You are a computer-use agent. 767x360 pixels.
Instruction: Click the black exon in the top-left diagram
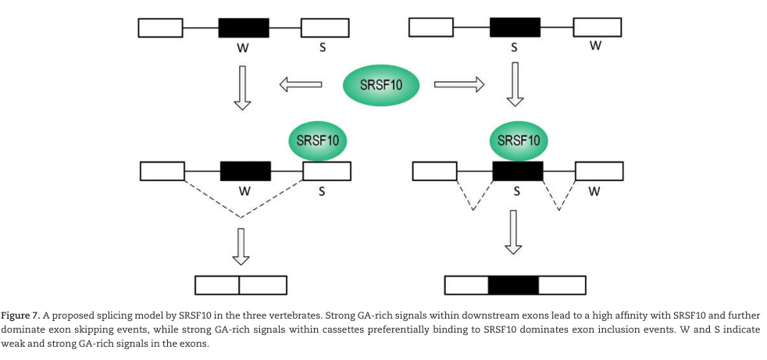point(244,27)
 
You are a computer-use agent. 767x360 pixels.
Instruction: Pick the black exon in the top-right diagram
point(515,27)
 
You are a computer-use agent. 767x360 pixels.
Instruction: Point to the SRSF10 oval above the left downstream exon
point(318,141)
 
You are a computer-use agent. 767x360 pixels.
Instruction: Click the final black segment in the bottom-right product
point(513,285)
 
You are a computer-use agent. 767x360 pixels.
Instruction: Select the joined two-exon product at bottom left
point(241,284)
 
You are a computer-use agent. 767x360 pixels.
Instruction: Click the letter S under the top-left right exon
point(322,48)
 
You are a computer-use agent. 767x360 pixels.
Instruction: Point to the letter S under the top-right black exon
point(514,48)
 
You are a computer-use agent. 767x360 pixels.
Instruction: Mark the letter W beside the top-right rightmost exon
point(596,46)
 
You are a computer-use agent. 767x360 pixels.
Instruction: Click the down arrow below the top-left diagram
point(243,87)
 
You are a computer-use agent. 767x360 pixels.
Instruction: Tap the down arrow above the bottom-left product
point(242,246)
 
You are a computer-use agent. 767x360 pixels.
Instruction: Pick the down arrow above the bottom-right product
point(513,233)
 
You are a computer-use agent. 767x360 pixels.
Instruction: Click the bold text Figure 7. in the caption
point(23,314)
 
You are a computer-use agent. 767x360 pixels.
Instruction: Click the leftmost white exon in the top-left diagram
point(161,27)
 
